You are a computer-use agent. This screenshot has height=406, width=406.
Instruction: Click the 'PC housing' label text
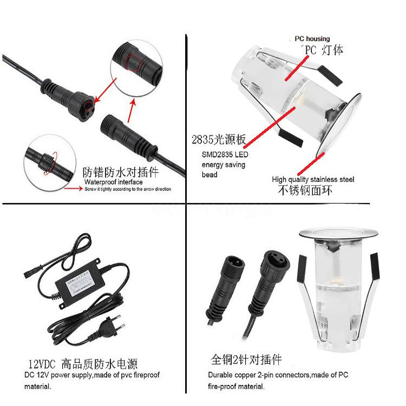point(312,39)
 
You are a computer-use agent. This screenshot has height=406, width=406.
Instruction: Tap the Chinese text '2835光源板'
point(218,140)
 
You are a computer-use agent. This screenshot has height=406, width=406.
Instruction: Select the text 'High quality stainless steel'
point(313,179)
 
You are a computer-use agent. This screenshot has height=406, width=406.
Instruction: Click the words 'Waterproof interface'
point(113,182)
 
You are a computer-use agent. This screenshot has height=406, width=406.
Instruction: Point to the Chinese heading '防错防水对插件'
point(120,173)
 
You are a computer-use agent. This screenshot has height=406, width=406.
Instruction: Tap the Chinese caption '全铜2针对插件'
point(246,359)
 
